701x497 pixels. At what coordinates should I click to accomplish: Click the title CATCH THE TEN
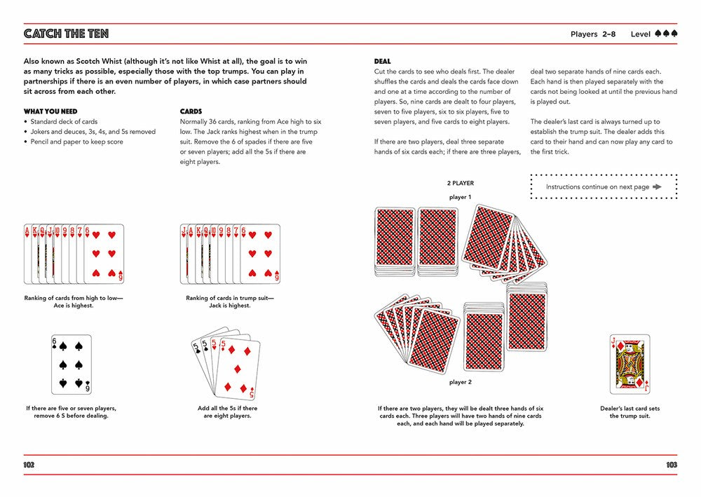(66, 34)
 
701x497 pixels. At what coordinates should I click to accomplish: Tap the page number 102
(29, 465)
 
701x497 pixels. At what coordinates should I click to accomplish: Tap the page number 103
(671, 465)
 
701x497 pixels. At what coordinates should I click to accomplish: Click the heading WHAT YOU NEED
(50, 111)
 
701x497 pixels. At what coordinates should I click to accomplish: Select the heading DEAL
(383, 62)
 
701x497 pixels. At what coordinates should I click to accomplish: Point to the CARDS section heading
(191, 111)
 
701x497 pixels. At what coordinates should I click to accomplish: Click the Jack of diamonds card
(629, 365)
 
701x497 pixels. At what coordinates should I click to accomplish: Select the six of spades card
(72, 365)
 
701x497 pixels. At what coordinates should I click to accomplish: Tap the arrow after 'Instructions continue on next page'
(657, 187)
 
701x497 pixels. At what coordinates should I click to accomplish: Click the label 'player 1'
(460, 197)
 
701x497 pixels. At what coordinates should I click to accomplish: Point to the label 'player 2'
(460, 382)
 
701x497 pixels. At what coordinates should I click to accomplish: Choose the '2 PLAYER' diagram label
(461, 183)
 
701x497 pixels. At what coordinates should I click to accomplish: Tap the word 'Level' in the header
(641, 34)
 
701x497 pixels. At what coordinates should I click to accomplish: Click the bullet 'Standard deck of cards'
(64, 121)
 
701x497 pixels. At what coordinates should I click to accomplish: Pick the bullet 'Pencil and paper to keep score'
(77, 142)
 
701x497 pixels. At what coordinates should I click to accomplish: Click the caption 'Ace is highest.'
(74, 306)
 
